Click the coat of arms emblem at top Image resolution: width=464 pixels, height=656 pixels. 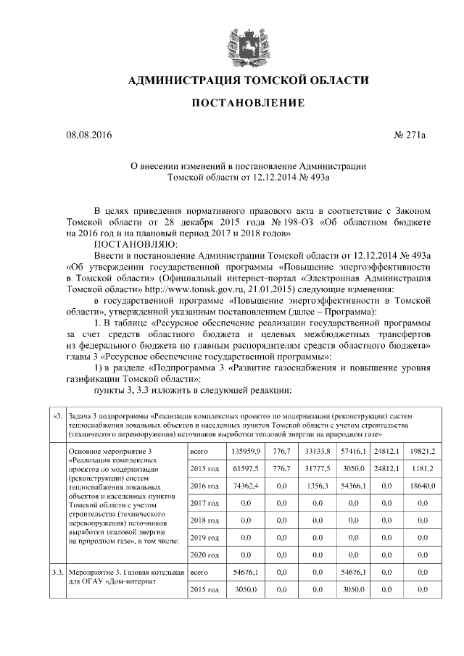tap(239, 42)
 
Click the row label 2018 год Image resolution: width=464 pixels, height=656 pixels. tap(204, 521)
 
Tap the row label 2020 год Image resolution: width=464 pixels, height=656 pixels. tap(204, 556)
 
